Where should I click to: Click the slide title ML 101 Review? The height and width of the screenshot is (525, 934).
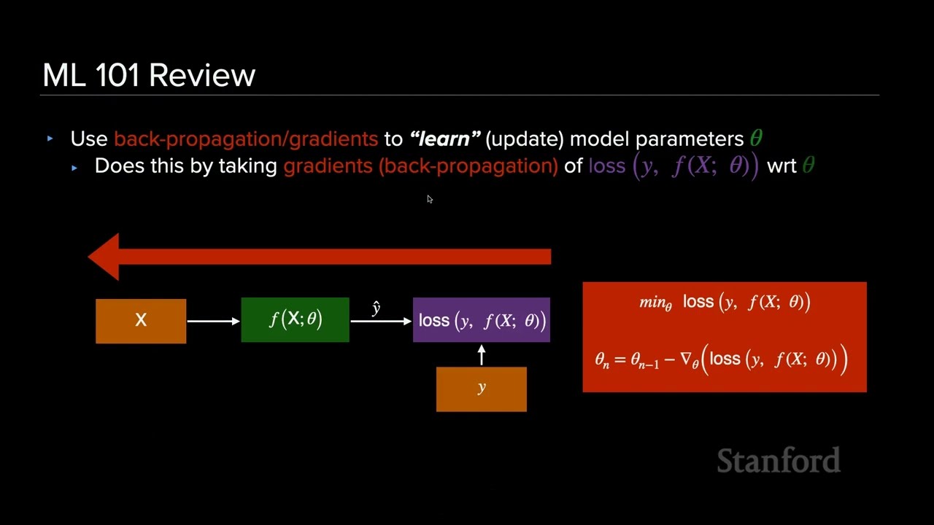pyautogui.click(x=149, y=75)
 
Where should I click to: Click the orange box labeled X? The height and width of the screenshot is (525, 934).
pyautogui.click(x=141, y=321)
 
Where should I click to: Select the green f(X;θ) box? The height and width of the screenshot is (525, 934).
pyautogui.click(x=295, y=320)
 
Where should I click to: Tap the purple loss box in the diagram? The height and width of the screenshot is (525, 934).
pyautogui.click(x=481, y=320)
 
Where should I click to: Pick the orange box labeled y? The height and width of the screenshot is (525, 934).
pyautogui.click(x=481, y=389)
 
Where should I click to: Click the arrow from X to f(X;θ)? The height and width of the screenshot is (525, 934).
pyautogui.click(x=213, y=321)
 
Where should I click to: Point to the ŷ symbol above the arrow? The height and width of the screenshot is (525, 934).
pyautogui.click(x=376, y=308)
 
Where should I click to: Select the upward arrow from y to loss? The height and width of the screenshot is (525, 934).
pyautogui.click(x=481, y=355)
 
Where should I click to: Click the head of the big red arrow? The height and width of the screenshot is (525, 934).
pyautogui.click(x=104, y=257)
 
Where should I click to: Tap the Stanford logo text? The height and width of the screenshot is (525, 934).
pyautogui.click(x=779, y=461)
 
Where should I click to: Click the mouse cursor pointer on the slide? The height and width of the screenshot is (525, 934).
pyautogui.click(x=430, y=199)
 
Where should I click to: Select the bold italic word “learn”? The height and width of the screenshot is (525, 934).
pyautogui.click(x=444, y=139)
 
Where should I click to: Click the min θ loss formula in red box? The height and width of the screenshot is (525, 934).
pyautogui.click(x=724, y=302)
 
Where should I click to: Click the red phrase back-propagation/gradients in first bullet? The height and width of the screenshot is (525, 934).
pyautogui.click(x=246, y=139)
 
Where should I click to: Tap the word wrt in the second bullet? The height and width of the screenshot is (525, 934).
pyautogui.click(x=781, y=166)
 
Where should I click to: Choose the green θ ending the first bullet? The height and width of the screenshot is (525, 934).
pyautogui.click(x=756, y=139)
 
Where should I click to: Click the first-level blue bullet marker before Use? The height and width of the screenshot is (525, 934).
pyautogui.click(x=50, y=139)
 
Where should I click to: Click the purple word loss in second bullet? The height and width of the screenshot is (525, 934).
pyautogui.click(x=607, y=166)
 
